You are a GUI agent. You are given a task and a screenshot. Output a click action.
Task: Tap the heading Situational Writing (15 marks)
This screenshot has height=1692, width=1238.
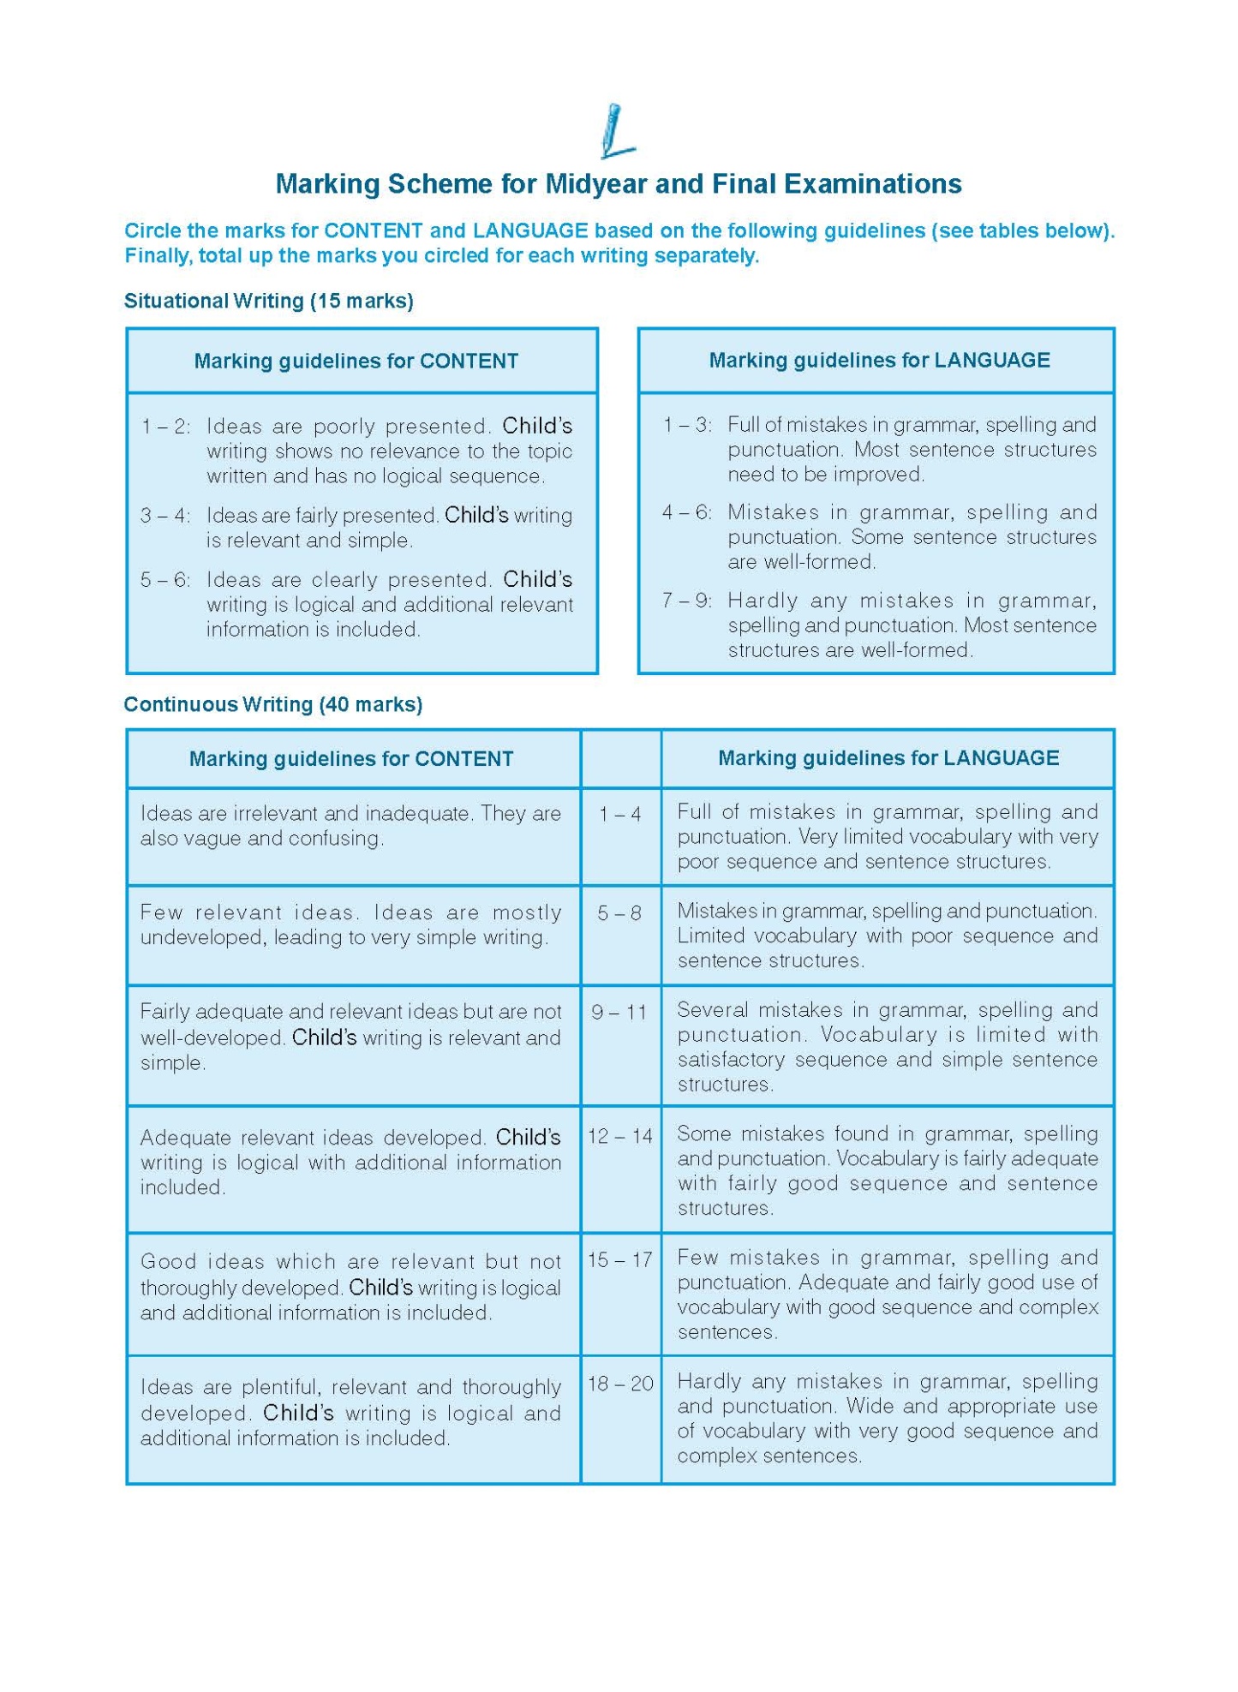(x=268, y=302)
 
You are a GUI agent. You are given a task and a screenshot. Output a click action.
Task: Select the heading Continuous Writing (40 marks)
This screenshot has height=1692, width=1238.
(x=272, y=705)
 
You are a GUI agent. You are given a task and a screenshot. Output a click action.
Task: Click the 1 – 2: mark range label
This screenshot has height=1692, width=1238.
(x=165, y=427)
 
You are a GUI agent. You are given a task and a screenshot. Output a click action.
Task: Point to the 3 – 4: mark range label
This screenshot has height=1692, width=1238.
(x=165, y=516)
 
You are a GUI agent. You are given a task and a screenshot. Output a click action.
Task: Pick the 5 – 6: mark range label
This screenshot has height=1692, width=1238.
(x=165, y=580)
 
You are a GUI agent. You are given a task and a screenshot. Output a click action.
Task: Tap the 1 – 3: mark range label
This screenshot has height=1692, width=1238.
(x=686, y=425)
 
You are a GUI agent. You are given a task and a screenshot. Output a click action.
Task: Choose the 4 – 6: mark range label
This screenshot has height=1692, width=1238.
(x=686, y=512)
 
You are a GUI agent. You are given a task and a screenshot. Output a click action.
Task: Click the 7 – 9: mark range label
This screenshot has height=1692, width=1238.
(x=686, y=601)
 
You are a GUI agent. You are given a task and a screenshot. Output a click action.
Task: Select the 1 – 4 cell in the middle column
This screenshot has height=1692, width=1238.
(x=619, y=815)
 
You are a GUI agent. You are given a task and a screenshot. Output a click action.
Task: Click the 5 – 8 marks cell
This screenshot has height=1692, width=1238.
(x=619, y=914)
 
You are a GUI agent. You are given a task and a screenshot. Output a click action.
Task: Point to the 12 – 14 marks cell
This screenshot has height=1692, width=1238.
(x=619, y=1137)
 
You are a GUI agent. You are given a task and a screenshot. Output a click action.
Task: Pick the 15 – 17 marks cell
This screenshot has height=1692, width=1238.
(x=619, y=1260)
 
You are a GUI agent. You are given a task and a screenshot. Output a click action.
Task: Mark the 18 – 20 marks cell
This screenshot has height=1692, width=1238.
(x=619, y=1384)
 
